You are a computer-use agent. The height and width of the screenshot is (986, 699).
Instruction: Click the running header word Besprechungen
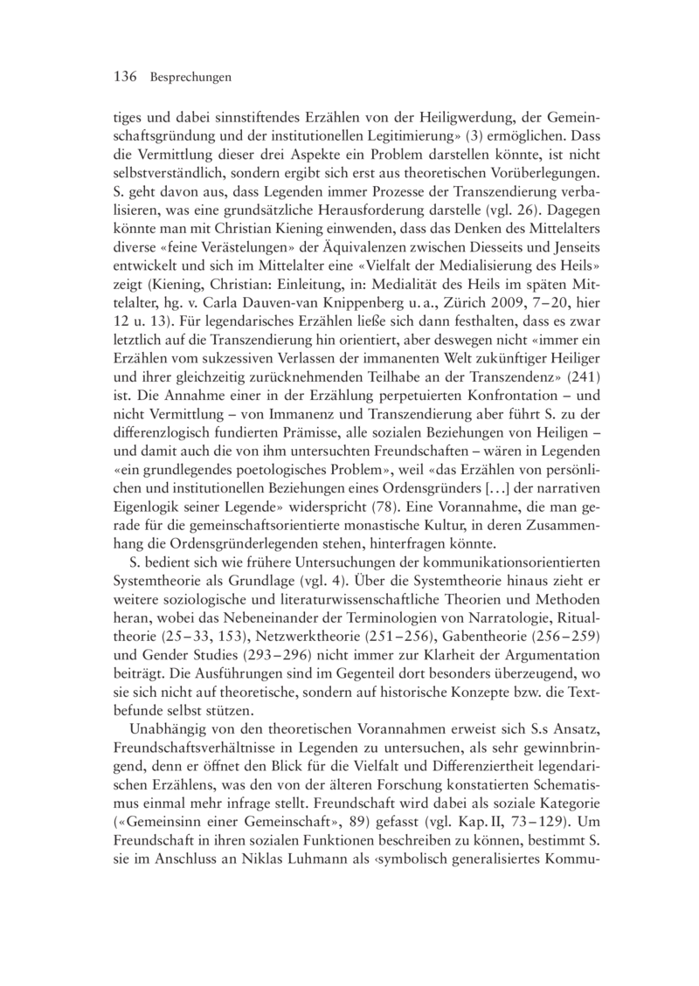190,79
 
